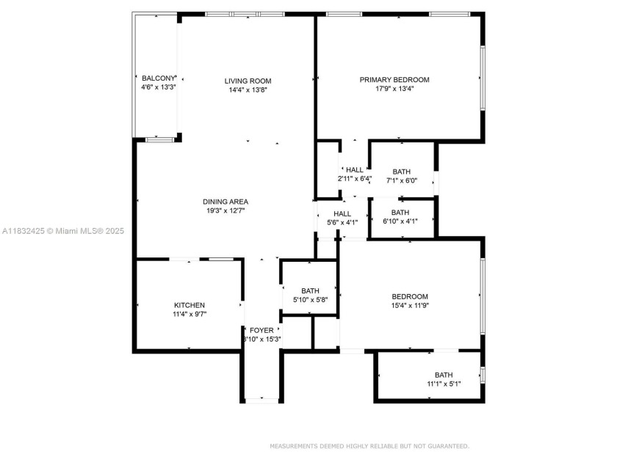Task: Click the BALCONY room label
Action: (159, 78)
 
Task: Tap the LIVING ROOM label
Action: (248, 81)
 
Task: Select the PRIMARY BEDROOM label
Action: (394, 80)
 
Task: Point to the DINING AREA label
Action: (225, 202)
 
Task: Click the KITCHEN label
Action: (189, 305)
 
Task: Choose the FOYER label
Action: (261, 330)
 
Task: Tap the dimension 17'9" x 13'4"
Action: (394, 89)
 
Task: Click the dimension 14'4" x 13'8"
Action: (248, 90)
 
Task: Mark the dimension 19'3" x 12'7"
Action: (225, 211)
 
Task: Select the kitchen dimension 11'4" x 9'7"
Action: (189, 315)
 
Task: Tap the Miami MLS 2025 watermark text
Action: (62, 231)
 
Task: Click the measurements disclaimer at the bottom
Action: (369, 446)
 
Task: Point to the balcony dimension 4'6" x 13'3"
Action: (159, 87)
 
